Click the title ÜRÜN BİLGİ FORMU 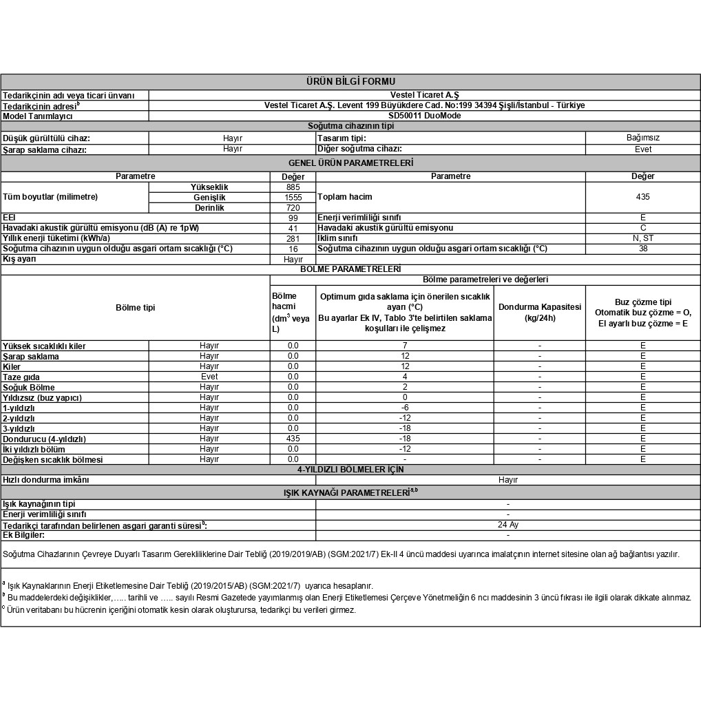350,82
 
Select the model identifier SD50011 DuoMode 424,116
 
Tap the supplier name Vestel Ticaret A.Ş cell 424,95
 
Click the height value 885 293,187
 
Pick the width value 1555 293,197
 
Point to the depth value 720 293,207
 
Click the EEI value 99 293,218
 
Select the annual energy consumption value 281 293,238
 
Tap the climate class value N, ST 642,238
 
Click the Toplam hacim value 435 642,197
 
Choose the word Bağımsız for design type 642,138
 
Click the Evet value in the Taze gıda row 209,377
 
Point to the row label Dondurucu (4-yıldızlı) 44,439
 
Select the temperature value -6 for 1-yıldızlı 404,408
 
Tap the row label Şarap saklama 31,356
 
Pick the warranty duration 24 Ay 508,525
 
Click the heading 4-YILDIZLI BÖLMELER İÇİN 350,470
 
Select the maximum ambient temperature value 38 642,249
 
